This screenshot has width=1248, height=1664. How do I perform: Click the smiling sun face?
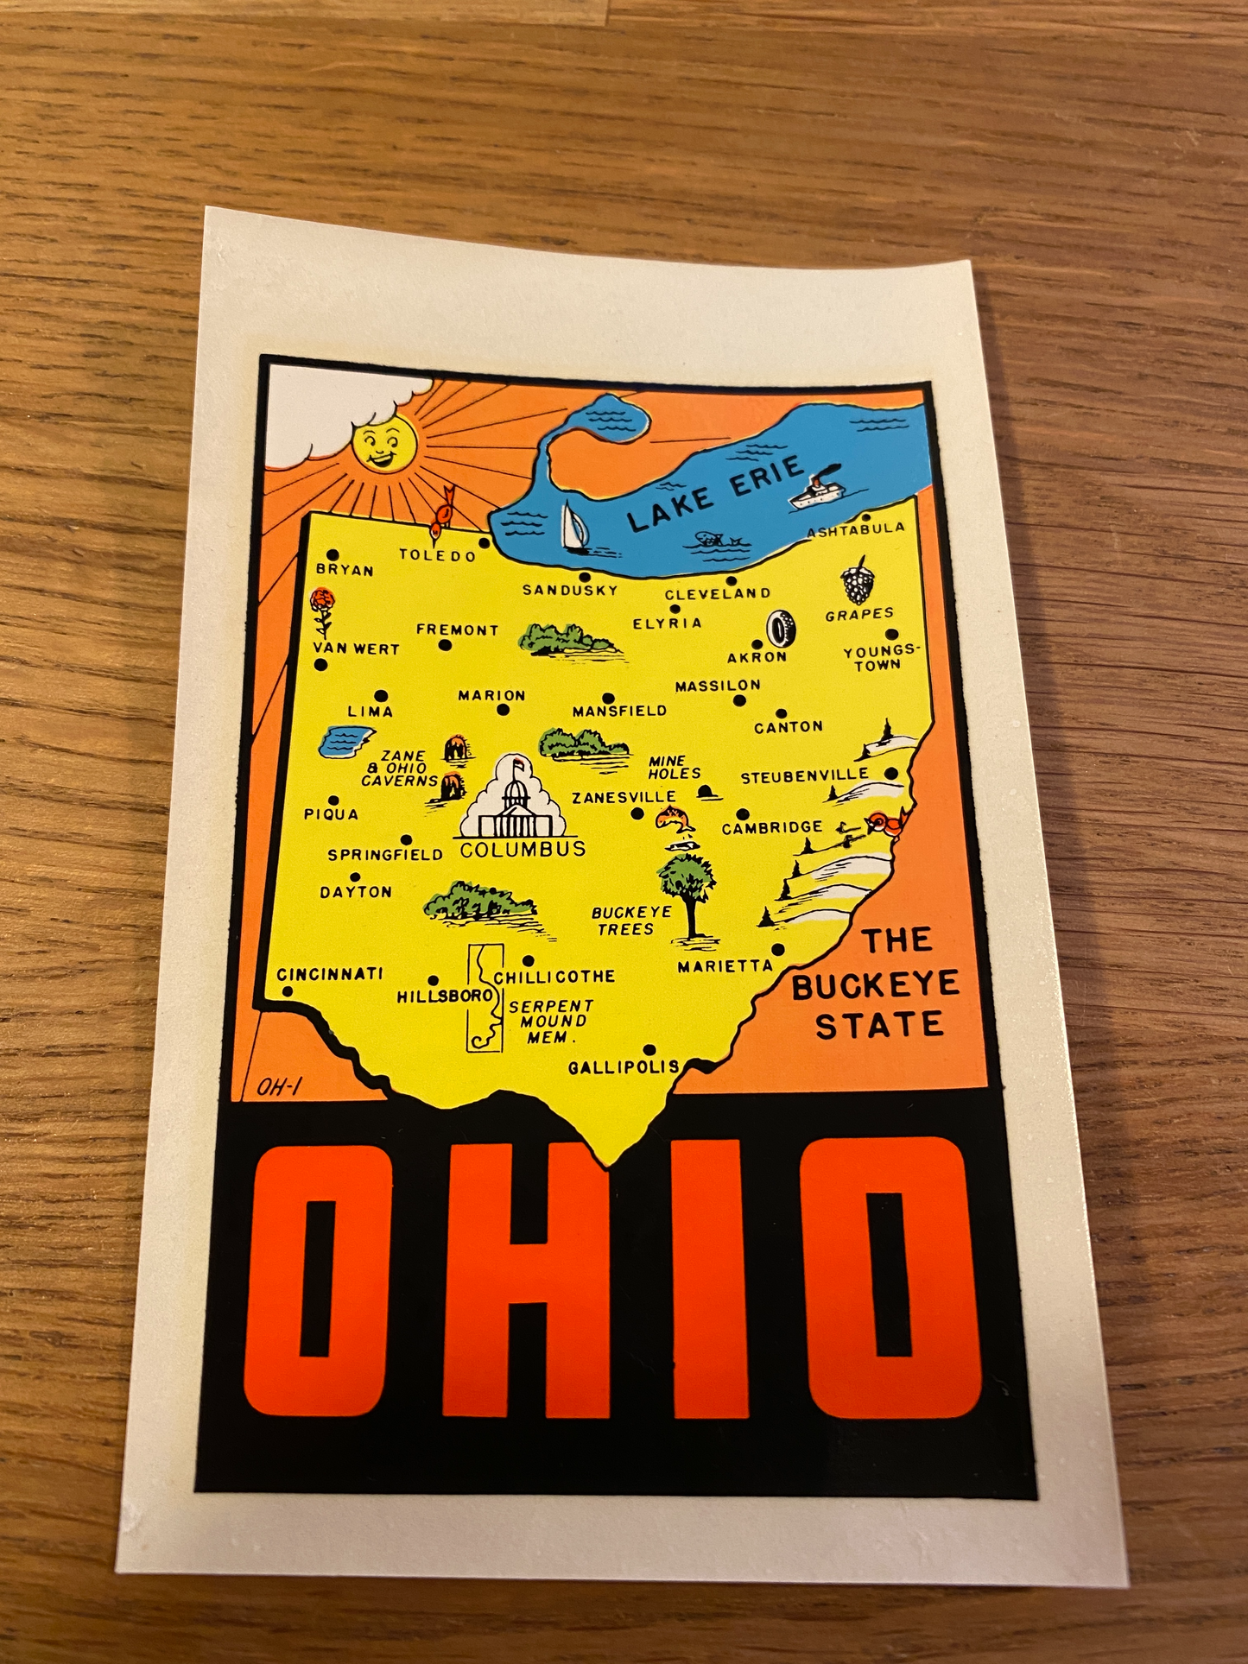384,446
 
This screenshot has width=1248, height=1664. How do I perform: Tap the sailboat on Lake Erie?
573,527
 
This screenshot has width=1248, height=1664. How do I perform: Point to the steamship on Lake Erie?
814,490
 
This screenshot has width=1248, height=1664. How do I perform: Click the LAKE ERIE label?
715,496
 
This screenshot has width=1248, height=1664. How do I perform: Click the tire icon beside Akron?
782,629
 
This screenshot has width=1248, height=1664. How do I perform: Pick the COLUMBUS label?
523,850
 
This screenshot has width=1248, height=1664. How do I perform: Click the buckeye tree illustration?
688,889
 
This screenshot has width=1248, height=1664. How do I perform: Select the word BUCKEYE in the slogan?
875,985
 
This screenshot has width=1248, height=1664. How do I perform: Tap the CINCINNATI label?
330,974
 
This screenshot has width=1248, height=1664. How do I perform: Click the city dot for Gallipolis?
650,1050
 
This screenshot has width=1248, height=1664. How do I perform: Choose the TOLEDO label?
437,555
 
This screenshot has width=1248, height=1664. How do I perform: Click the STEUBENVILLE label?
804,777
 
